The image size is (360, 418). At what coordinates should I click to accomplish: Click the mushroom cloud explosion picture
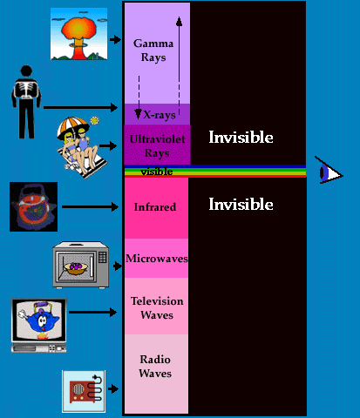point(78,34)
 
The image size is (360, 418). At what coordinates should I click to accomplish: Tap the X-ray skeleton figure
point(26,102)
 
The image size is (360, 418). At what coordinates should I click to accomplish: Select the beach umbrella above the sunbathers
point(72,126)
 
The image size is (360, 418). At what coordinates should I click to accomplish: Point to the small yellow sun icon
point(94,120)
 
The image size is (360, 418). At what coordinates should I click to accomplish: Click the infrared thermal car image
point(33,206)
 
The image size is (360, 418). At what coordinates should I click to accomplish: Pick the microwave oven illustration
point(81,265)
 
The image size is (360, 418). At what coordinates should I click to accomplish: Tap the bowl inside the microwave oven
point(76,268)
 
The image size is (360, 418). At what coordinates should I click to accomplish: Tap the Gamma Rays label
point(153,51)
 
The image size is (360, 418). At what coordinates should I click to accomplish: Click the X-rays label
point(160,115)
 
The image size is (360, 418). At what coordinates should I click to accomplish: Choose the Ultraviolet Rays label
point(157,146)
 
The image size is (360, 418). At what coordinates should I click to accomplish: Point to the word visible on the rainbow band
point(157,172)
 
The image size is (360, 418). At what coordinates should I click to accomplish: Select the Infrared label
point(155,207)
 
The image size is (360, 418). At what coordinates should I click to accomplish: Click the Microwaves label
point(157,259)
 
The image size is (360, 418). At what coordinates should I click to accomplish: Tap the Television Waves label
point(157,308)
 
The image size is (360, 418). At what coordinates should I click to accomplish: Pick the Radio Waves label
point(155,367)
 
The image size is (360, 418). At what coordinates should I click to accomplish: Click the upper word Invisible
point(241,138)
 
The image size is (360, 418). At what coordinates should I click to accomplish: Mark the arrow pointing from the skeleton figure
point(80,107)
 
